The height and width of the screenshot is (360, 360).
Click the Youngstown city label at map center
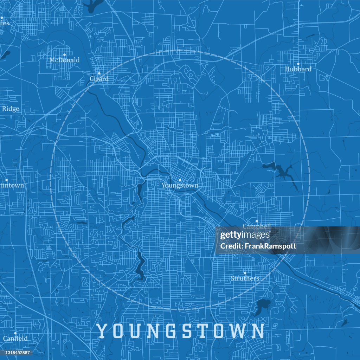(x=180, y=186)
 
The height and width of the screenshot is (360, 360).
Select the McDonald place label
(x=64, y=60)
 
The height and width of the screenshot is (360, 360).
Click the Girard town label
(x=99, y=79)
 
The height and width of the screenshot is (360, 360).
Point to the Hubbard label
(x=298, y=69)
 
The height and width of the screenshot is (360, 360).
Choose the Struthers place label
(x=245, y=278)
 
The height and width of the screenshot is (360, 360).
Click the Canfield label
(x=15, y=339)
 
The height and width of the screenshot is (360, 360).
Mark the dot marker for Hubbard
(x=298, y=64)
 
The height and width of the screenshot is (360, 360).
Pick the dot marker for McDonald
(x=64, y=54)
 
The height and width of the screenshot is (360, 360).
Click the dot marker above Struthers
(x=245, y=273)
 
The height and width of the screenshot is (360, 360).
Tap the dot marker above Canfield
(x=15, y=333)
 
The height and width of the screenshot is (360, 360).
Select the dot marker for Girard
(x=99, y=73)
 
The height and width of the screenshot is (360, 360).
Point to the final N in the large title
(x=258, y=331)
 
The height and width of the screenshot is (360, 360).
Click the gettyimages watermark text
(x=245, y=235)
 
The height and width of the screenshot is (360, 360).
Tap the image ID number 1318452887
(x=16, y=353)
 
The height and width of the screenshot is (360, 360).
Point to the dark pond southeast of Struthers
(x=261, y=307)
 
